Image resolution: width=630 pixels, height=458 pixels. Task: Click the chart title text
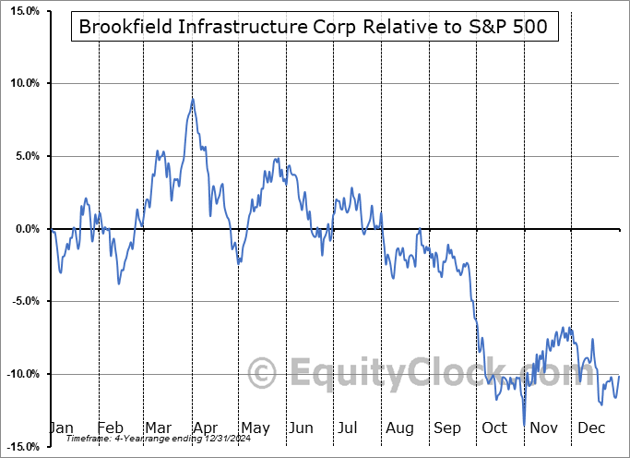click(314, 27)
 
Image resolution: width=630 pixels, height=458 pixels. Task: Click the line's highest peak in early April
click(192, 99)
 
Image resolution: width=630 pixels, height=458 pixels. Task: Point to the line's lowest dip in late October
click(524, 424)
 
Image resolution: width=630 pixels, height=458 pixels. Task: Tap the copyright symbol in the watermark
click(263, 374)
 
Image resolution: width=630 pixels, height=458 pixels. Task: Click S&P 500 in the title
click(513, 27)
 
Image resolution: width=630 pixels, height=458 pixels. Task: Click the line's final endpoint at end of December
click(619, 377)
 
